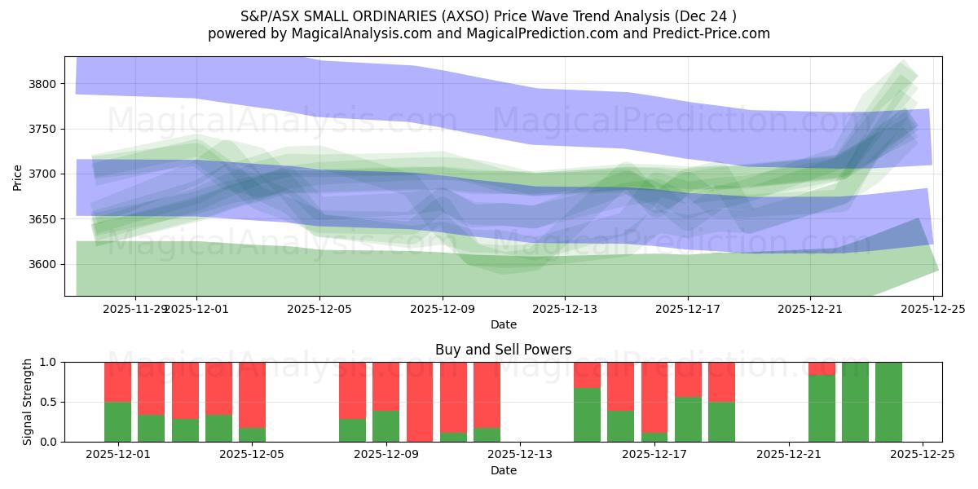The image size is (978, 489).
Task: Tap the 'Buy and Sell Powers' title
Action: point(503,350)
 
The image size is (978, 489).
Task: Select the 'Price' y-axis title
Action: point(18,177)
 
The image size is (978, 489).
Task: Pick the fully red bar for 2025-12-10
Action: point(420,402)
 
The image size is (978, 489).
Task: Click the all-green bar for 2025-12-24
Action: point(888,402)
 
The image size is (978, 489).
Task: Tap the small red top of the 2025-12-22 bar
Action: point(822,368)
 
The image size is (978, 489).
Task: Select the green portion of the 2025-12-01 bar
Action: point(118,421)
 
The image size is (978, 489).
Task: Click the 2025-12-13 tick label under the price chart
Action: point(565,309)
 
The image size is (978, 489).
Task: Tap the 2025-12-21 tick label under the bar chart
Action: point(789,454)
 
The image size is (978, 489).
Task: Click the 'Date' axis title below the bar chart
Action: point(503,470)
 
